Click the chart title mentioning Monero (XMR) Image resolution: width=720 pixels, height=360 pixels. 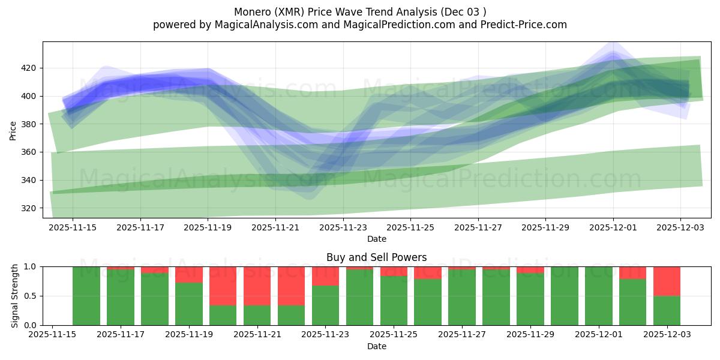359,11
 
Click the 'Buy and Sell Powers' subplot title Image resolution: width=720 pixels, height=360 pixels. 376,257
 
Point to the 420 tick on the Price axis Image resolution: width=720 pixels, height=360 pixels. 29,68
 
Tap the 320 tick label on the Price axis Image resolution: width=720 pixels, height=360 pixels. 29,208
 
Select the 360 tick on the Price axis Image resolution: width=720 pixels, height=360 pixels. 29,152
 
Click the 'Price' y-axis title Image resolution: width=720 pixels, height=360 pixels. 13,130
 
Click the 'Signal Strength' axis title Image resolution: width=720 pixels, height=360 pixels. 15,296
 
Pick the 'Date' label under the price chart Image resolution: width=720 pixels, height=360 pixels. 376,239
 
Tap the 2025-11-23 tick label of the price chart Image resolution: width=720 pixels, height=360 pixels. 343,227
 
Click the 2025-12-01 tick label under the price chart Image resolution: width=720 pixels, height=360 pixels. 613,227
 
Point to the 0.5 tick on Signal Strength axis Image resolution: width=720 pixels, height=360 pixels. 31,296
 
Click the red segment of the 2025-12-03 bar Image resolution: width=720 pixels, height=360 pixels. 667,281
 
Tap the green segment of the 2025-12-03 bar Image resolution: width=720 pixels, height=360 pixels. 667,310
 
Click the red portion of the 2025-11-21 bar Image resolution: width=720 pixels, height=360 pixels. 257,286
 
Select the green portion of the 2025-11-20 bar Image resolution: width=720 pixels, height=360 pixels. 223,315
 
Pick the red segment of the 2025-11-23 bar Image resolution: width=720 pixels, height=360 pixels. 325,275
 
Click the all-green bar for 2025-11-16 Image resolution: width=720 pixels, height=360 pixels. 86,296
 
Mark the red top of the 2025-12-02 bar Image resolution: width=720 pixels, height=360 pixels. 632,272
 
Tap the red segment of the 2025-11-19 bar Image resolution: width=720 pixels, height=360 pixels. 189,274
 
